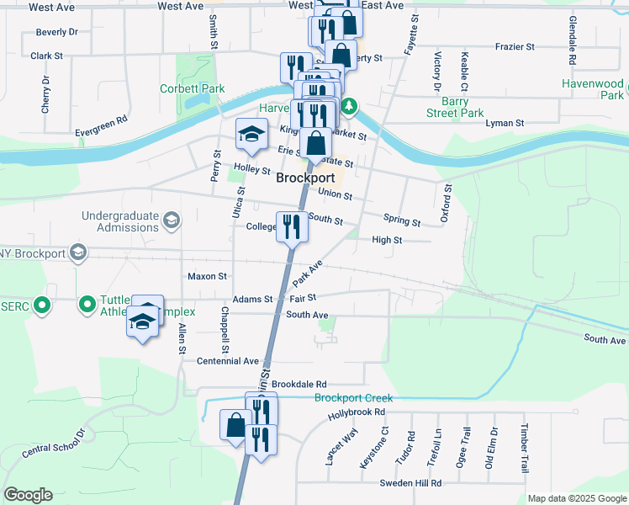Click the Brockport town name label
[305, 178]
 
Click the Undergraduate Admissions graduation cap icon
[172, 221]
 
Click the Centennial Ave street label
[228, 361]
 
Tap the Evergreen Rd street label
[101, 120]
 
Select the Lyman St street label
[505, 123]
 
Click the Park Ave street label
[309, 273]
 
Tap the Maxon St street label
[207, 276]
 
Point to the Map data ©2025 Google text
[577, 498]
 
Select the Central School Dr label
[54, 444]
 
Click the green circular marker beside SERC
[40, 305]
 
